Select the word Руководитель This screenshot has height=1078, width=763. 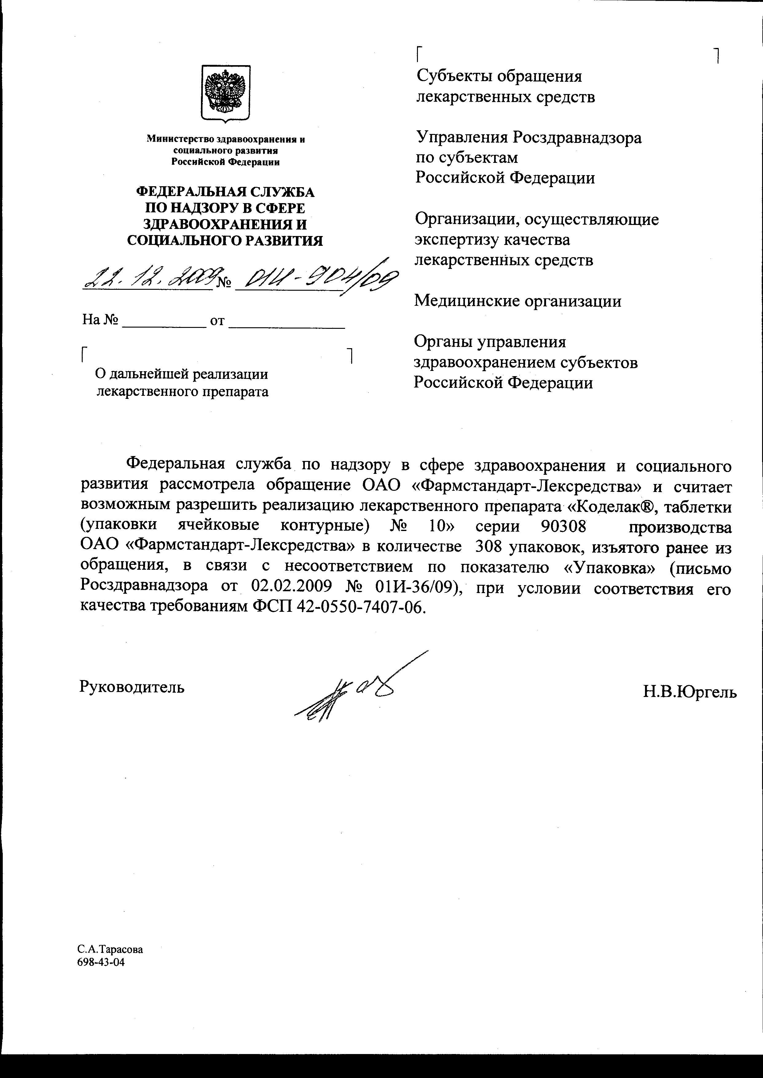click(132, 687)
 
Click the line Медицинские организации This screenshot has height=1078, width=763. click(517, 301)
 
